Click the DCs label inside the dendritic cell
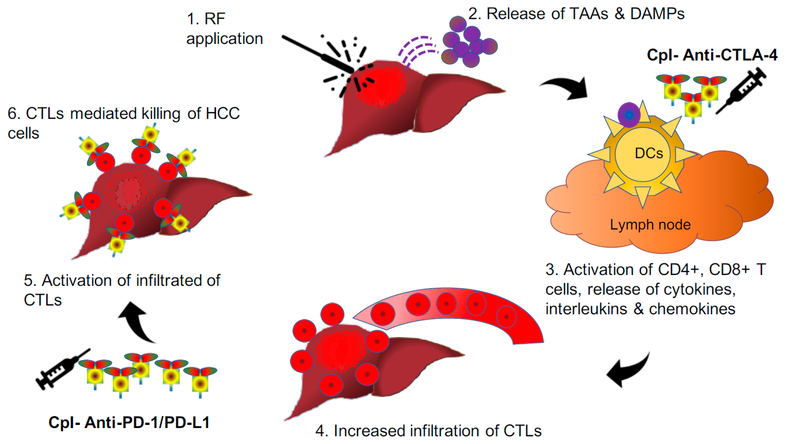[649, 153]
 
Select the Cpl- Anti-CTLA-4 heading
[712, 55]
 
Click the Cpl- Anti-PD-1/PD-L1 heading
[129, 423]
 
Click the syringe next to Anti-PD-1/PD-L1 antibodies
[61, 370]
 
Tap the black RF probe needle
[317, 54]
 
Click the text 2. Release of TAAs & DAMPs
[576, 14]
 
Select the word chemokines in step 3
[692, 309]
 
